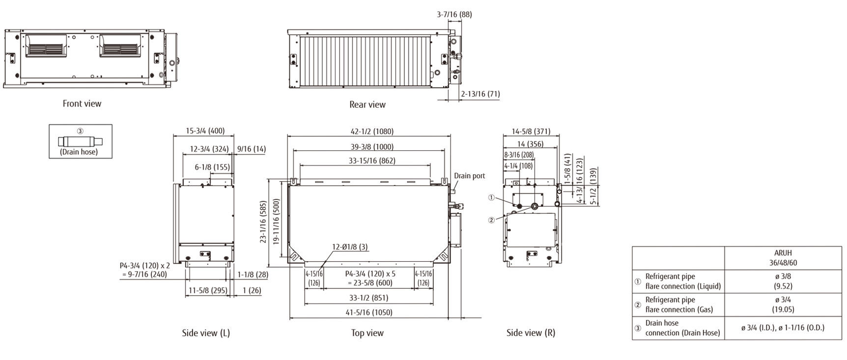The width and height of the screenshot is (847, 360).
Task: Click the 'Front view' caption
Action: point(82,104)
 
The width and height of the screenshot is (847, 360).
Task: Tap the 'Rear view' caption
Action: point(367,105)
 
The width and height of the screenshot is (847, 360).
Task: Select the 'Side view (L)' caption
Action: point(206,333)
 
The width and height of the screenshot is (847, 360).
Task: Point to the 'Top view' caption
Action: point(367,333)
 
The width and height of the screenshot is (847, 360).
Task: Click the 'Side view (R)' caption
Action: point(531,333)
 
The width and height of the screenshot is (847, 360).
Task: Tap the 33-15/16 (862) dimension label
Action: point(372,161)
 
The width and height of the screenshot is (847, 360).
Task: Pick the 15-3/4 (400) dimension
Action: point(205,131)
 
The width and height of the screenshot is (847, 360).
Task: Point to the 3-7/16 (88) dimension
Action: point(454,14)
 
